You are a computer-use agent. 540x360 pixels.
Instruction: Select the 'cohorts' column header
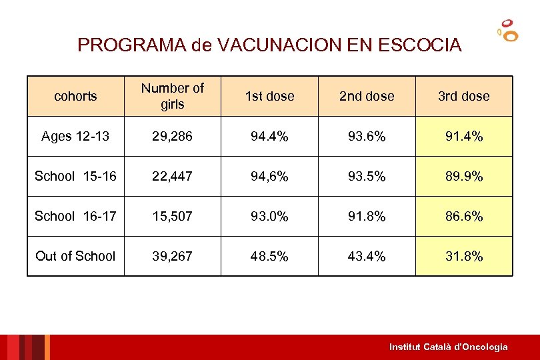(75, 96)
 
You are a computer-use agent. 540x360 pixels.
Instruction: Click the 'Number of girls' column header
(173, 96)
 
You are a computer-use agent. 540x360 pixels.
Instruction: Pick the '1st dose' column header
(269, 96)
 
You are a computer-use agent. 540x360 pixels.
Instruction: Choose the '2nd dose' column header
(367, 96)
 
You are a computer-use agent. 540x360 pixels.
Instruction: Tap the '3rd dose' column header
(463, 96)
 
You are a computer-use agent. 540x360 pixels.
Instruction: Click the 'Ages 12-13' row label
(75, 137)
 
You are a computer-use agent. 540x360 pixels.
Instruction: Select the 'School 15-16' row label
(75, 176)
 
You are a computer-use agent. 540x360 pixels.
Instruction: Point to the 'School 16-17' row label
(75, 216)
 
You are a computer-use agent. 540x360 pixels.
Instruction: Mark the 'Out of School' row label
(75, 256)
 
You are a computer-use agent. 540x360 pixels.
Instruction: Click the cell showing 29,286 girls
(173, 137)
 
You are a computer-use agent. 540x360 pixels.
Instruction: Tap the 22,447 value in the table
(173, 176)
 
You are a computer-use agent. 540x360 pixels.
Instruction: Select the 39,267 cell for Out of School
(173, 256)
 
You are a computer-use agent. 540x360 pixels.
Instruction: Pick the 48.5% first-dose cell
(269, 256)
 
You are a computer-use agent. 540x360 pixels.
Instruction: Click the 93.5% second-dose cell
(367, 176)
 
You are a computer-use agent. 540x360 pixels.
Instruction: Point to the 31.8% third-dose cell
(463, 256)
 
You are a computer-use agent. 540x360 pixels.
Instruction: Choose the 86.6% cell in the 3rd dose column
(463, 216)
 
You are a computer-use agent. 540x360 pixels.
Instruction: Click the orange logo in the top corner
(508, 30)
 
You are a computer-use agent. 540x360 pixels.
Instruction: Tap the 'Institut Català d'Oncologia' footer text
(448, 347)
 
